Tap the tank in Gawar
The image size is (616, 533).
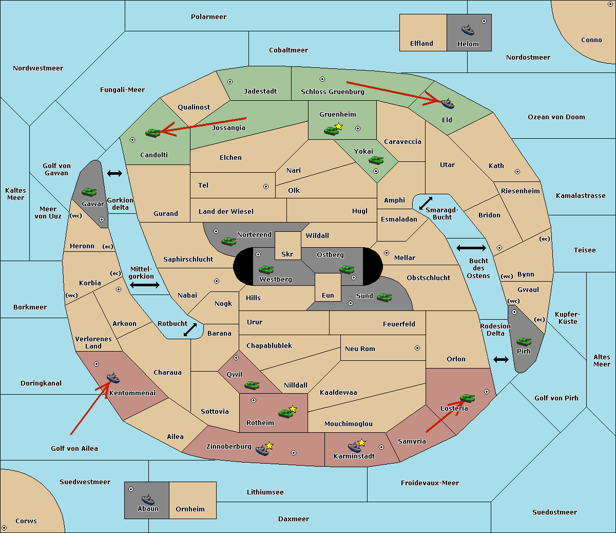pyautogui.click(x=89, y=192)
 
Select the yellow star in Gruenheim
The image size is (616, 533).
pyautogui.click(x=338, y=126)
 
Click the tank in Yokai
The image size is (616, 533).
pyautogui.click(x=376, y=160)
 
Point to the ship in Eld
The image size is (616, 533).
pyautogui.click(x=448, y=103)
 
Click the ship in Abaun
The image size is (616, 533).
pyautogui.click(x=148, y=499)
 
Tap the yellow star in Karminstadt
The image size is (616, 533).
pyautogui.click(x=361, y=443)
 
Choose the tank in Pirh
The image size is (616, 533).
pyautogui.click(x=524, y=341)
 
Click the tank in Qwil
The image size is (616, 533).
pyautogui.click(x=252, y=384)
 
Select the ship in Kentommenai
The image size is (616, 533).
pyautogui.click(x=113, y=378)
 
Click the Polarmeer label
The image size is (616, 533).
pyautogui.click(x=208, y=17)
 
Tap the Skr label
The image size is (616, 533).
pyautogui.click(x=287, y=254)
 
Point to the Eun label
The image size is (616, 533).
pyautogui.click(x=328, y=295)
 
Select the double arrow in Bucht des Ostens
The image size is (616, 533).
pyautogui.click(x=471, y=248)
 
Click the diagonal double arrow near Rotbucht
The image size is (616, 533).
pyautogui.click(x=190, y=329)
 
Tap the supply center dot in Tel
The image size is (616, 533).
pyautogui.click(x=266, y=187)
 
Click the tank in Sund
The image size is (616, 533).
pyautogui.click(x=384, y=297)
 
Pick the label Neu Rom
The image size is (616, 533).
pyautogui.click(x=360, y=348)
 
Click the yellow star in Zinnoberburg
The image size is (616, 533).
pyautogui.click(x=269, y=446)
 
